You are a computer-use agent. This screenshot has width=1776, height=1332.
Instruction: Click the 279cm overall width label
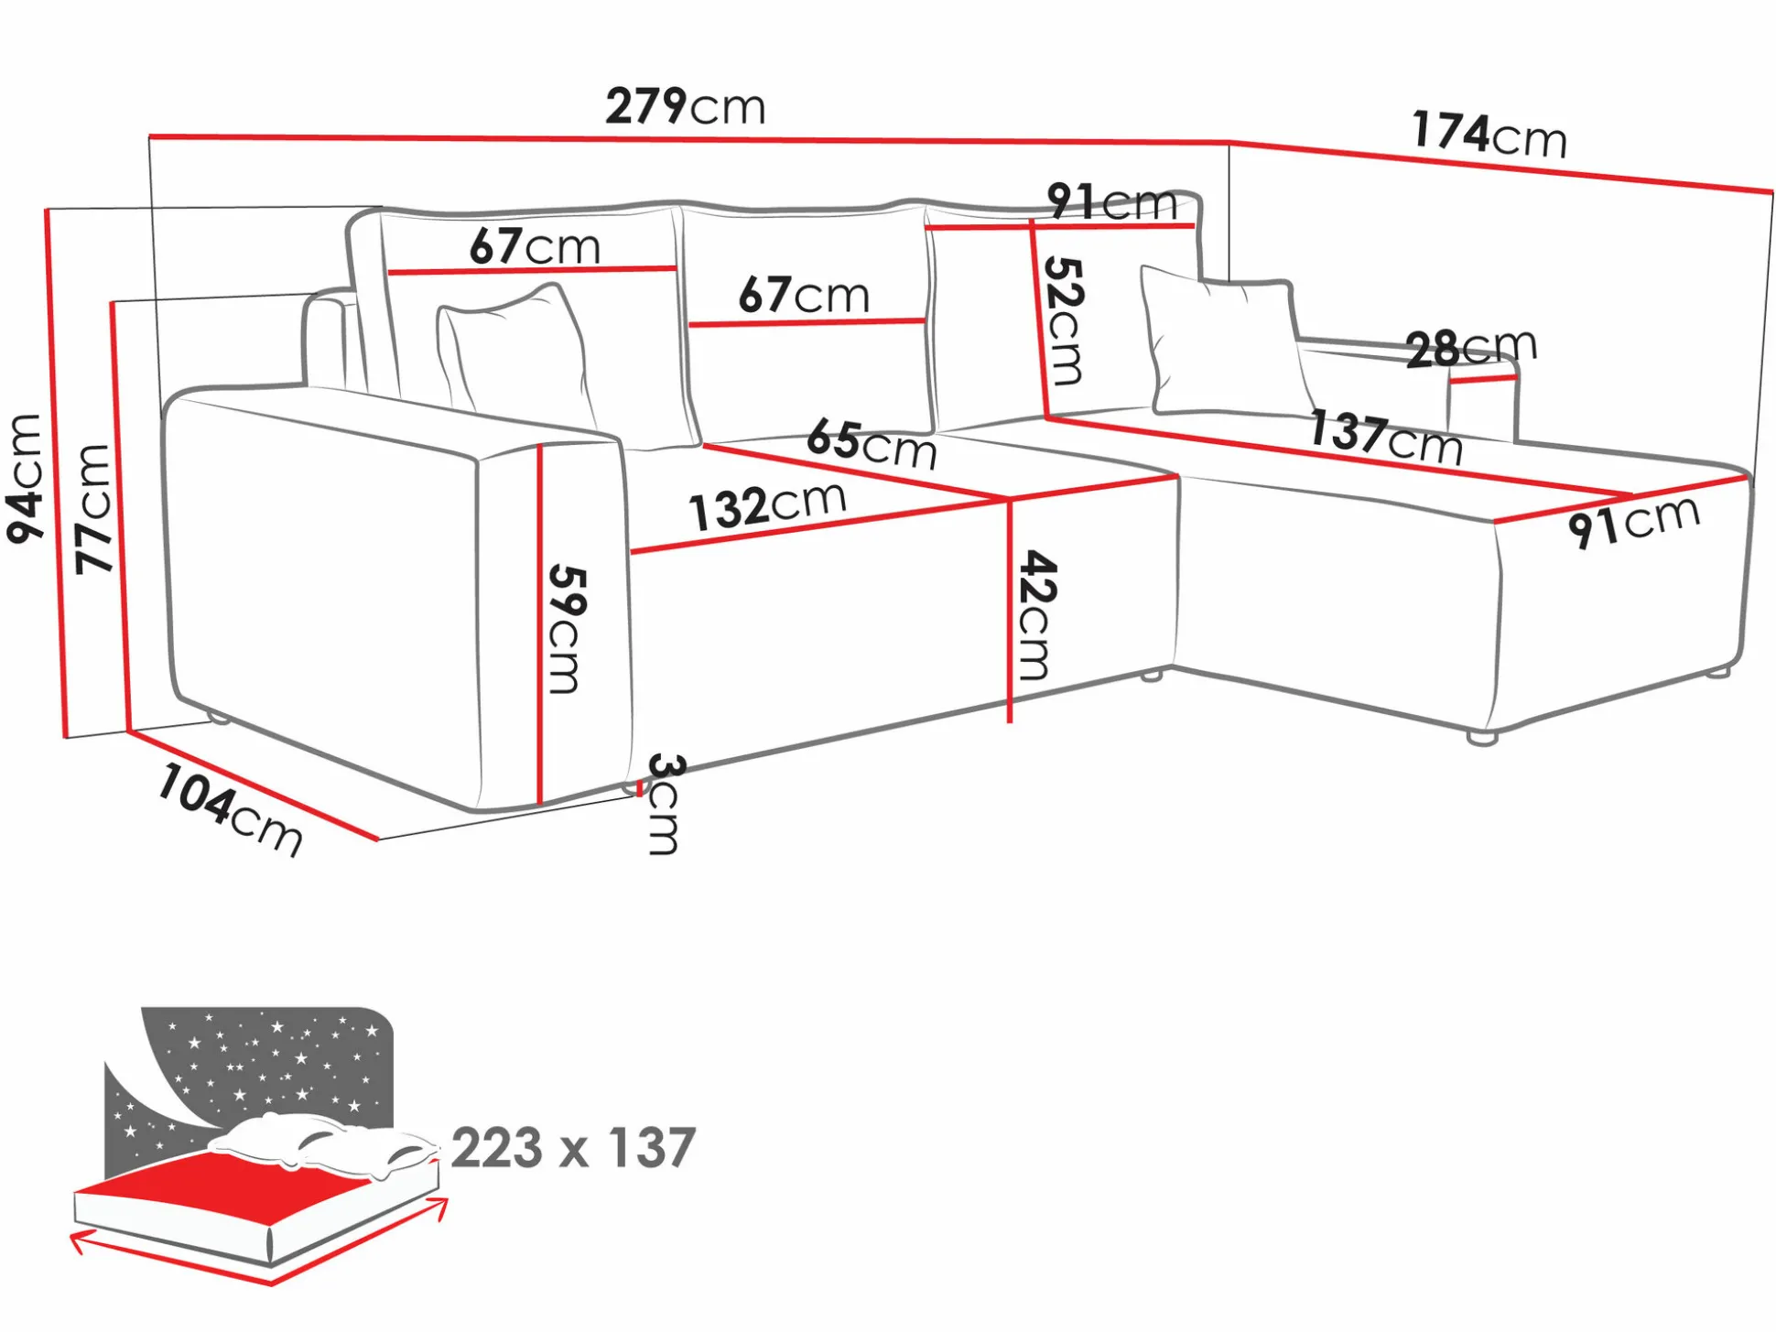(685, 106)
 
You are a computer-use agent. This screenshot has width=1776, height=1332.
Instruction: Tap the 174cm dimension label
(1489, 135)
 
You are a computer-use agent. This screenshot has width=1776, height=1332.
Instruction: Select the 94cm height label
(25, 478)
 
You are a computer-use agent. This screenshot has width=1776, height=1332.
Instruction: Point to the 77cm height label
(93, 509)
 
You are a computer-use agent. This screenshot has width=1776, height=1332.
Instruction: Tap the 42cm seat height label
(1037, 614)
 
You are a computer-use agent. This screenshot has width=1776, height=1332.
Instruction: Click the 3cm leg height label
(664, 805)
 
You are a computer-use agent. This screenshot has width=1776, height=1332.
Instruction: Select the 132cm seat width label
(767, 505)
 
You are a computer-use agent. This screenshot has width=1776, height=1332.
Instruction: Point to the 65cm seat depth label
(872, 444)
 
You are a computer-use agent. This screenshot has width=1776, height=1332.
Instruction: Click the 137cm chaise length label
(1386, 437)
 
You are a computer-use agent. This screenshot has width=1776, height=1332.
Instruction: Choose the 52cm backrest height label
(1065, 320)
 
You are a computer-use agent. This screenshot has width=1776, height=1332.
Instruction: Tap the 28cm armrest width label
(1471, 347)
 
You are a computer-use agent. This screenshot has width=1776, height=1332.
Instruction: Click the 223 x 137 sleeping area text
(574, 1148)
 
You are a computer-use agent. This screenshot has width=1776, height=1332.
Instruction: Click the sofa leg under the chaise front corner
(1482, 737)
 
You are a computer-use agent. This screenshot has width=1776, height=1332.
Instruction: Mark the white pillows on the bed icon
(322, 1144)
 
